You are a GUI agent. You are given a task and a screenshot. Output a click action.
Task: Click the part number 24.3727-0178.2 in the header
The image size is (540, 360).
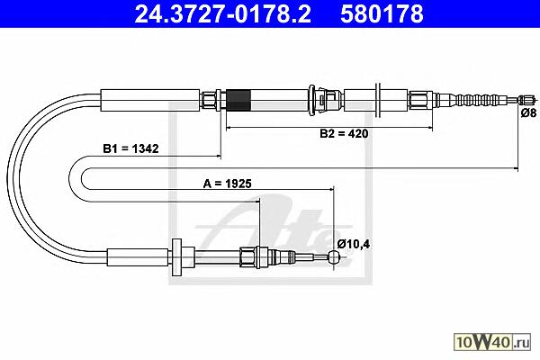click(223, 13)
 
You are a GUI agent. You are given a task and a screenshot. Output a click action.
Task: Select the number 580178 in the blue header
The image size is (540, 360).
click(382, 13)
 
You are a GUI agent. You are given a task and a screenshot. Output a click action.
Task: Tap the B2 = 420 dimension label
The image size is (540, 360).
click(344, 133)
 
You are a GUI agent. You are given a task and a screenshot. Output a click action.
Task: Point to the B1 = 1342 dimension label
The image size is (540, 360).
click(130, 148)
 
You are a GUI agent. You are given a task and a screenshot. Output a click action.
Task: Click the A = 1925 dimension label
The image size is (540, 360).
click(228, 184)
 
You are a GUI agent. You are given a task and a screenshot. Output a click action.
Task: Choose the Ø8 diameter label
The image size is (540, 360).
click(528, 112)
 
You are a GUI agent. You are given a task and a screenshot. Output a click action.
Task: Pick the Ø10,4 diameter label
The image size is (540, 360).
click(354, 244)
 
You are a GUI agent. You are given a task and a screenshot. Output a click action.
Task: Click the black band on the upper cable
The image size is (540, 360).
click(238, 100)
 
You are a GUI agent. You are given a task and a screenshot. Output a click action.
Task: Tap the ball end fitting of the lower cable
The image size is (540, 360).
click(334, 256)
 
